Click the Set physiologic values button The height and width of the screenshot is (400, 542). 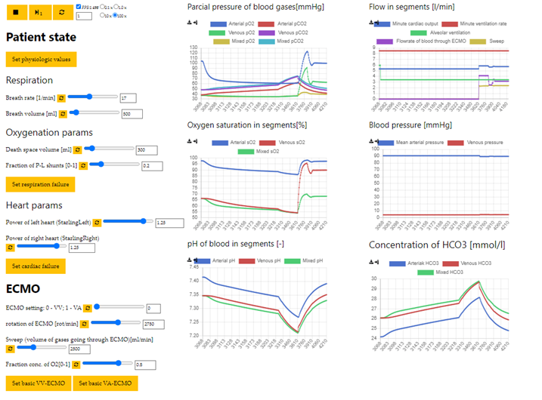[x=41, y=59]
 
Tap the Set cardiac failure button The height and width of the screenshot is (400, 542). [x=36, y=266]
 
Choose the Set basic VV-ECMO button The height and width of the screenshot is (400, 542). [x=37, y=383]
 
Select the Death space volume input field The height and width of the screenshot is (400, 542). [x=150, y=149]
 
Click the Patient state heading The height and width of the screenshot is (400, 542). [x=41, y=36]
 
